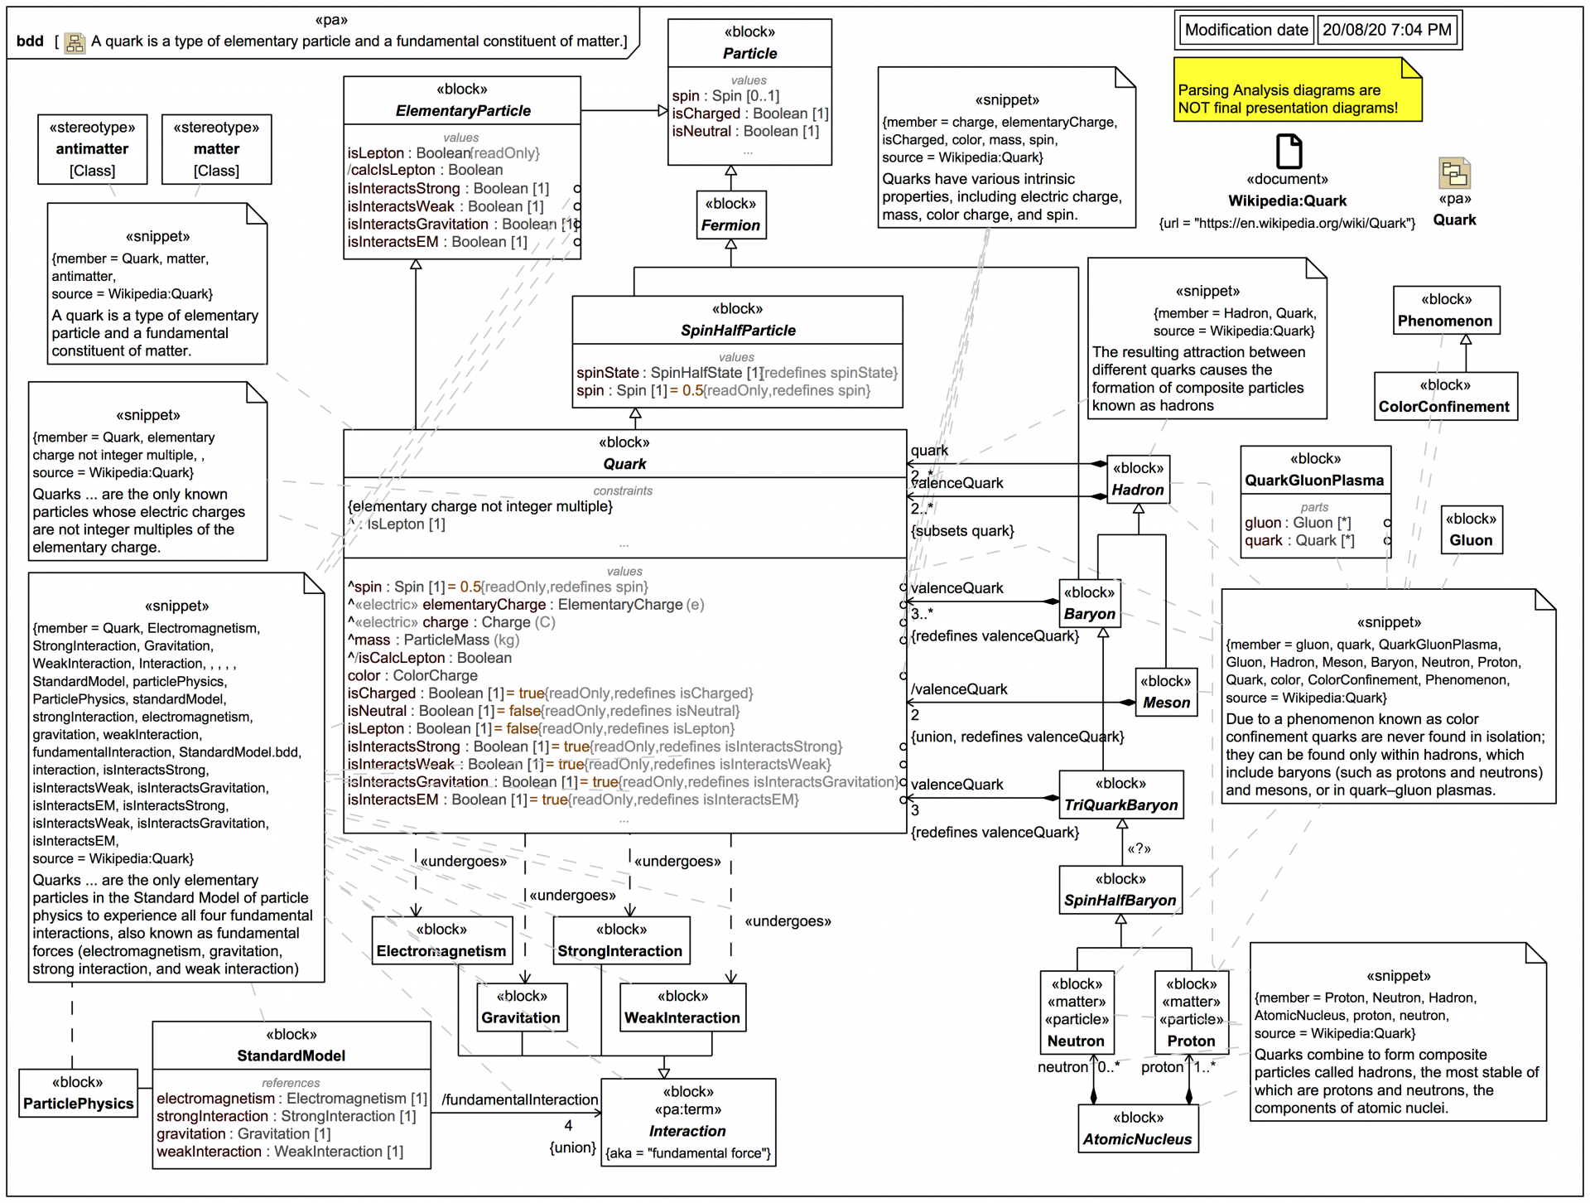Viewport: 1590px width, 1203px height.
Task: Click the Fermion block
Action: tap(730, 215)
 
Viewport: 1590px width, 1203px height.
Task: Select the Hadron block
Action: tap(1138, 480)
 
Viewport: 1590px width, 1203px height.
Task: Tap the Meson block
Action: tap(1166, 693)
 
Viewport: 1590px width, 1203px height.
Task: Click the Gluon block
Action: tap(1471, 530)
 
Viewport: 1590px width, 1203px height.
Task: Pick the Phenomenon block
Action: tap(1445, 311)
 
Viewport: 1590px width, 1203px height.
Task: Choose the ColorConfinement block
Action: tap(1444, 396)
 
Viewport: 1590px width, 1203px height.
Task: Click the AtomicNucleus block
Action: tap(1137, 1129)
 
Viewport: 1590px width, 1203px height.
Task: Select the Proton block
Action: tap(1191, 1012)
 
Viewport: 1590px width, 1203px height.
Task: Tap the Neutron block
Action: tap(1076, 1012)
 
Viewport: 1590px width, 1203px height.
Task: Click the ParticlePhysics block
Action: tap(78, 1094)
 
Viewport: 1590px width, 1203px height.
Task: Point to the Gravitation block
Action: tap(521, 1007)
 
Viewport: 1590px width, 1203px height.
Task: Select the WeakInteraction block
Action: tap(682, 1007)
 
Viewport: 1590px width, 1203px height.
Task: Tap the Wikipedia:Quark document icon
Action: tap(1289, 152)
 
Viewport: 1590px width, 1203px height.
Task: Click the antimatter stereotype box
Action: tap(92, 149)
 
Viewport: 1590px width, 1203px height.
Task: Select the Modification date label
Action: tap(1245, 30)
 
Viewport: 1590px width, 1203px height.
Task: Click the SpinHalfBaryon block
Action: tap(1120, 891)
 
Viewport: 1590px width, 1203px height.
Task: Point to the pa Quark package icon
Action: tap(1454, 173)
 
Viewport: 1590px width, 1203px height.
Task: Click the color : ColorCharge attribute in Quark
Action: tap(412, 675)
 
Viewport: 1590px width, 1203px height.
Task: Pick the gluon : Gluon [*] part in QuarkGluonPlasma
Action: tap(1297, 523)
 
